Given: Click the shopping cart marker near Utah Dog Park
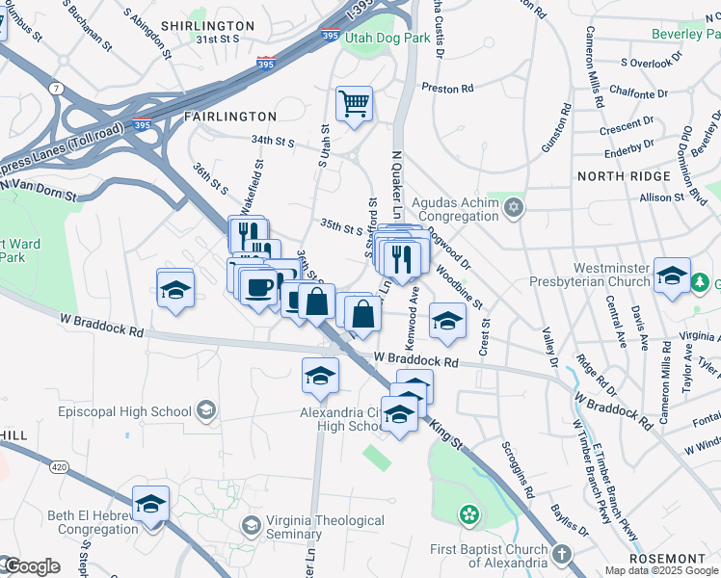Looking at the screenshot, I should [x=355, y=104].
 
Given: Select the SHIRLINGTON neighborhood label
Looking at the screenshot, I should [x=207, y=26].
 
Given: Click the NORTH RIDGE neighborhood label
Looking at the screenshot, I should [x=623, y=176].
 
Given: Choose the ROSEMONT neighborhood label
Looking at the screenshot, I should [x=667, y=559].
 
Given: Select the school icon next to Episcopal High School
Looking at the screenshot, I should [x=204, y=412].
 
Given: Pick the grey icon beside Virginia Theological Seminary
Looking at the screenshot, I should [x=252, y=526].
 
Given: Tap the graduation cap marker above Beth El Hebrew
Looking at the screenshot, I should [x=149, y=506].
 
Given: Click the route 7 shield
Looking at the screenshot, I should [x=57, y=89].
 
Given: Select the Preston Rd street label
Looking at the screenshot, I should [x=447, y=89].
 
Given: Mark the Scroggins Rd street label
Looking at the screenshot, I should [x=516, y=470].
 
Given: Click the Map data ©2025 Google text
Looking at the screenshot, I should [x=661, y=570].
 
